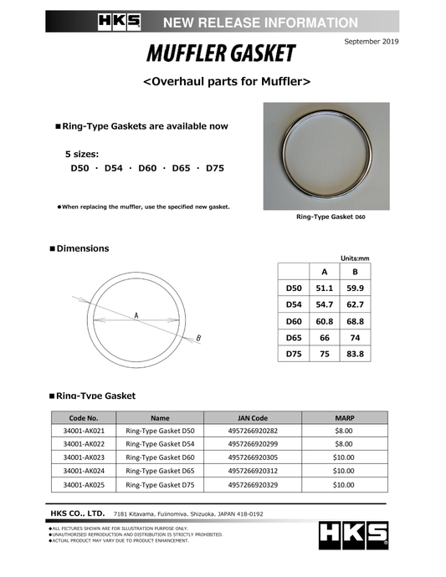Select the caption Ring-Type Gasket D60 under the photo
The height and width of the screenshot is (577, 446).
(x=331, y=217)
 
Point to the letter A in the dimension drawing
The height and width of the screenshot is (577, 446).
(x=135, y=315)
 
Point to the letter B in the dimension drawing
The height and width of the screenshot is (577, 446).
(x=198, y=338)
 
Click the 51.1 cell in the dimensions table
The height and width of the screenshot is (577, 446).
(x=325, y=288)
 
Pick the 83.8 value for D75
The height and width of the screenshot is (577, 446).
(x=356, y=354)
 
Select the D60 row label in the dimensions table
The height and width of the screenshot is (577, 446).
(x=294, y=321)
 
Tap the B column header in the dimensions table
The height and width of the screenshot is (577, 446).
(x=356, y=271)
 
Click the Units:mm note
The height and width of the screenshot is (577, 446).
(x=352, y=258)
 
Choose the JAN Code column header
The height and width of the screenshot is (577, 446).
(x=248, y=417)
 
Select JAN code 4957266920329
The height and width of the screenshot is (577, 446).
(x=248, y=484)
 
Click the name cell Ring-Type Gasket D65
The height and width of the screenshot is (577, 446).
(x=160, y=471)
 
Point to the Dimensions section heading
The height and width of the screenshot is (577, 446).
(x=84, y=248)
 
